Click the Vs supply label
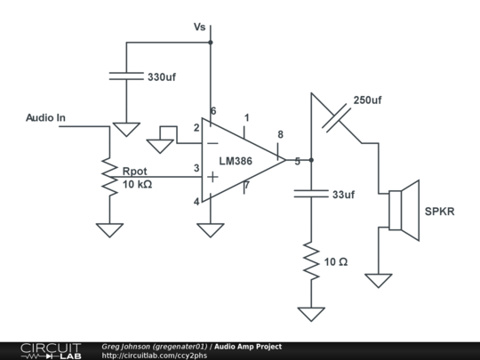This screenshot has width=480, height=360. coord(199,27)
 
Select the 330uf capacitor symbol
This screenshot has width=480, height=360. coord(126,76)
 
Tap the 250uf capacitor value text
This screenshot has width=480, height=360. coord(367,100)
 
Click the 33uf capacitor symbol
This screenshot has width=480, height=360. coord(311,194)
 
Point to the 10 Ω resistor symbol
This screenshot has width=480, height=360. coord(311,260)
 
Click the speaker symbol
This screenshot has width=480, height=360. coord(404,211)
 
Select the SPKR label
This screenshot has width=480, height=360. coord(440,212)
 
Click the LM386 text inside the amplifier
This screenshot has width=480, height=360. coord(236,161)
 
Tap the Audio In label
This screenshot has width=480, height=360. coord(45,118)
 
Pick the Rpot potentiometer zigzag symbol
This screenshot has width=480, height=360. coord(109,177)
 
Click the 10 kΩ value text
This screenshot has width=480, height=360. coord(137,184)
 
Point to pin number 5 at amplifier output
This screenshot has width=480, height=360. coord(297,162)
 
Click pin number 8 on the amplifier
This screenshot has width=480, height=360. coord(280,135)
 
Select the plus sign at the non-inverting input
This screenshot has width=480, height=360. coord(212,177)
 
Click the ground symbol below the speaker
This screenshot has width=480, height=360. coord(379,280)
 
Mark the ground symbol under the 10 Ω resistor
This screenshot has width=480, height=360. coord(311,314)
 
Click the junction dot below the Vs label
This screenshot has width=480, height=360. coord(211,43)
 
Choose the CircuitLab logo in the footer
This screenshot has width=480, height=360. coord(52,351)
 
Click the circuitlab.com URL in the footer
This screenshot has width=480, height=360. coord(155,356)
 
